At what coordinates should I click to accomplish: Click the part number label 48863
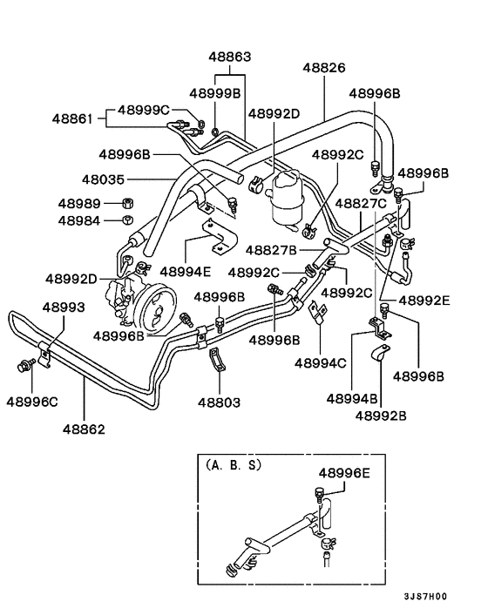pos(229,57)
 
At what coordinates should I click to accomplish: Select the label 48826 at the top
pos(324,67)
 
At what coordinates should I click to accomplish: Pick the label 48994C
pos(322,362)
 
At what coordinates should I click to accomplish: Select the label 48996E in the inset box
pos(344,472)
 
